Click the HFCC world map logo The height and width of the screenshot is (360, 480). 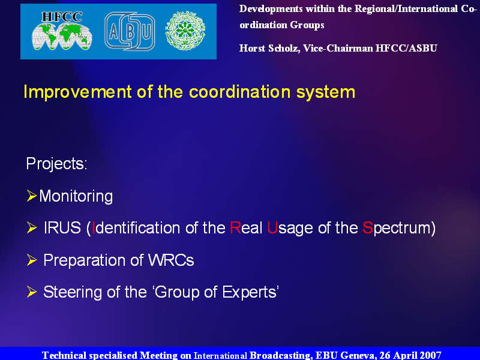[62, 31]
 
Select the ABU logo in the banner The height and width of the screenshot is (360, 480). [130, 32]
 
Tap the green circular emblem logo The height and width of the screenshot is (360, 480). [185, 31]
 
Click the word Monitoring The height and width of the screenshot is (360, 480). [76, 197]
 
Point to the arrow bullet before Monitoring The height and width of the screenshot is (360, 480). [32, 196]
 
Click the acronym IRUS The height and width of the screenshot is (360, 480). [62, 228]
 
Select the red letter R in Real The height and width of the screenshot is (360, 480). [235, 228]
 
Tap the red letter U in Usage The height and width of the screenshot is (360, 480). [272, 228]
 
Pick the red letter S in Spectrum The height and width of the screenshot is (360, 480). [368, 228]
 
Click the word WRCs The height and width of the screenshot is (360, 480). [171, 260]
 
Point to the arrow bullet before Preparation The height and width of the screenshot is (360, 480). [32, 260]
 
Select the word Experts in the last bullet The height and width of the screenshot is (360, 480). [249, 292]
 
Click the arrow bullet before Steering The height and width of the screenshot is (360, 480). [32, 292]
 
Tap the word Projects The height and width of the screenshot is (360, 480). [55, 164]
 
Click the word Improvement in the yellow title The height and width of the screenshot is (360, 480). [78, 92]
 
